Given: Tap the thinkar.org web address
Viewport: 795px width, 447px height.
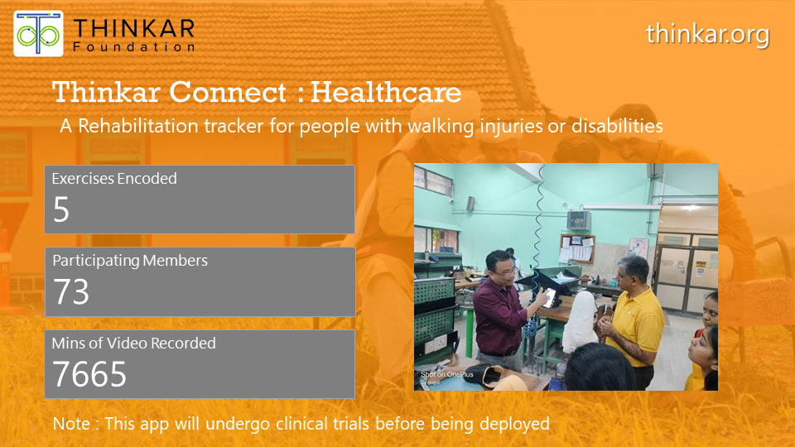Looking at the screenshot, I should click(707, 35).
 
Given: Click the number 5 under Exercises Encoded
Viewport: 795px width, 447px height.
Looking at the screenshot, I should click(61, 210).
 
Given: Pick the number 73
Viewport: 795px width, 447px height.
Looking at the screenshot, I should click(71, 292).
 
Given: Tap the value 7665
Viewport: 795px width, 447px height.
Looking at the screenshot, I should click(90, 374).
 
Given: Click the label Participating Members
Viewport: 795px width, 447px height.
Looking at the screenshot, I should click(130, 261).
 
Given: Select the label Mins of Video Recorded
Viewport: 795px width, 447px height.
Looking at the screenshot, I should click(134, 343).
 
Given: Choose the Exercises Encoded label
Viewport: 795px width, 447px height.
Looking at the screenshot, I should click(114, 179).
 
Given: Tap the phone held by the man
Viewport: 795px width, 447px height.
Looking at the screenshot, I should click(548, 297).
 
